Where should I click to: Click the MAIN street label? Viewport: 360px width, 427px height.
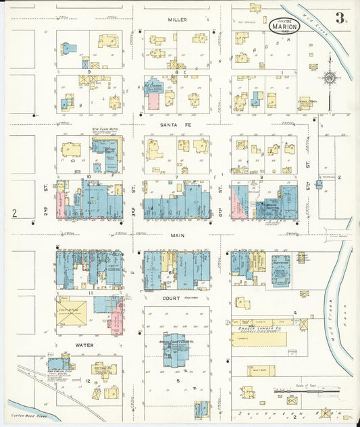[x=177, y=236]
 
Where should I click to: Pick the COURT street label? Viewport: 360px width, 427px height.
[x=171, y=297]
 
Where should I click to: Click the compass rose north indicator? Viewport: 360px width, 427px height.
[x=329, y=78]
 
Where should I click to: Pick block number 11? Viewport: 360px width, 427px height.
[x=88, y=292]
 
